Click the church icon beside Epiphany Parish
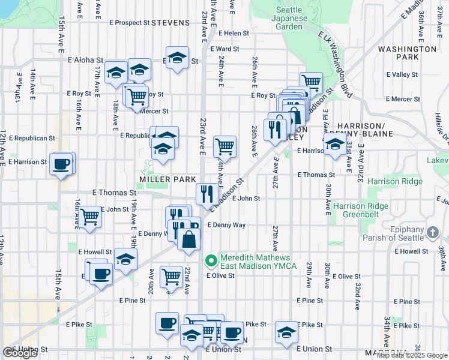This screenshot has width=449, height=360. [x=433, y=231]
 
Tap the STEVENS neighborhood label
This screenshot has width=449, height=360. [x=170, y=23]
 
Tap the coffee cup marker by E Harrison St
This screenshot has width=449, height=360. [x=61, y=164]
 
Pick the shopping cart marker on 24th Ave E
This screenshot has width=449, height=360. [x=224, y=145]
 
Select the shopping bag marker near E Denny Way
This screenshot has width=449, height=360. [x=188, y=238]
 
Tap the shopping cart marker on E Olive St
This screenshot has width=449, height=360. [x=172, y=277]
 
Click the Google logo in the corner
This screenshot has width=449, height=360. [x=20, y=353]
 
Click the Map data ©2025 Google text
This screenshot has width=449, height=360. [x=412, y=355]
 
